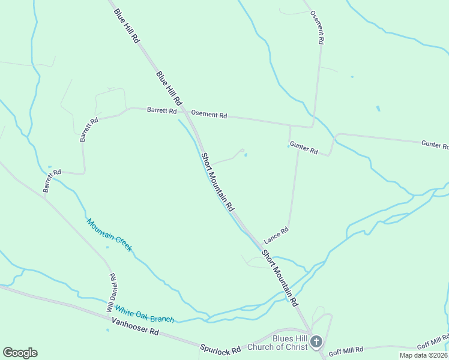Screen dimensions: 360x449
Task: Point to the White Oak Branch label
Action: [x=144, y=314]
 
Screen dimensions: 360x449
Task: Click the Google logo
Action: [x=20, y=353]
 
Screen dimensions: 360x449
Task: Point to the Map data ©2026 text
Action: [x=423, y=355]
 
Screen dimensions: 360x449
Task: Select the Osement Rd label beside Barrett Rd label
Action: [x=209, y=114]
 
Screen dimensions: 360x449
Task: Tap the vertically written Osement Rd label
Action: [x=316, y=27]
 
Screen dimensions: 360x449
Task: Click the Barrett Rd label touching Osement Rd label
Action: [x=161, y=110]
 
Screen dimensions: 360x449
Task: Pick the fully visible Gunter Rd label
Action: [x=303, y=148]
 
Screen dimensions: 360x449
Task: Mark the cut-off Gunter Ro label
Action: [x=435, y=145]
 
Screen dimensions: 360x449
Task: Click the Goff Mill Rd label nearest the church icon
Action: [x=346, y=349]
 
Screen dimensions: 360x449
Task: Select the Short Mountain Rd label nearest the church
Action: [x=279, y=277]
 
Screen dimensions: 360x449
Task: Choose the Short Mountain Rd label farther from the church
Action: [x=217, y=182]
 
